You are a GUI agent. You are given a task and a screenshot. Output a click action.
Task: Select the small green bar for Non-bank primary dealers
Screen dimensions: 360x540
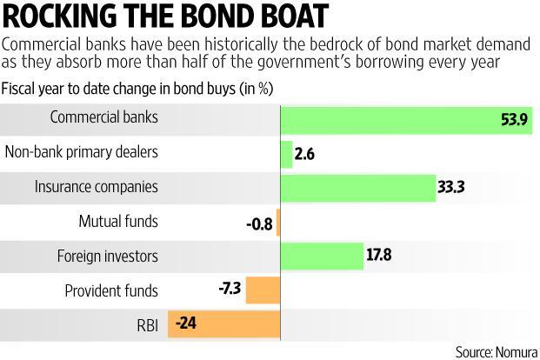tap(286, 153)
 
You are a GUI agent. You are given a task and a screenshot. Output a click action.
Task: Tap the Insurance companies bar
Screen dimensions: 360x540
tap(357, 187)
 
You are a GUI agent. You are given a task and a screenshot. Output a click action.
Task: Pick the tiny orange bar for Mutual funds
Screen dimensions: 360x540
tap(277, 222)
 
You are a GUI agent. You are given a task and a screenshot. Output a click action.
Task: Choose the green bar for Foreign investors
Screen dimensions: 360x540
tap(321, 256)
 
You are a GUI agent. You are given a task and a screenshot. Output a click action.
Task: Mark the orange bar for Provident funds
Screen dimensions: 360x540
tap(263, 290)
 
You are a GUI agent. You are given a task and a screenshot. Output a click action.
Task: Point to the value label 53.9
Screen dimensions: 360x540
tap(511, 118)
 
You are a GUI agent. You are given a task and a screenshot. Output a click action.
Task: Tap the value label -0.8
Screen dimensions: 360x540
tap(259, 223)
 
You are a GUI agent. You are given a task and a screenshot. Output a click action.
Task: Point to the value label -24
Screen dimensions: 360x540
tap(186, 324)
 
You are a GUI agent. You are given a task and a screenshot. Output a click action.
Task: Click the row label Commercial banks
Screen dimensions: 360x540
tap(104, 117)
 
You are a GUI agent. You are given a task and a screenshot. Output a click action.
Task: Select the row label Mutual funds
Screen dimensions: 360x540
tap(118, 221)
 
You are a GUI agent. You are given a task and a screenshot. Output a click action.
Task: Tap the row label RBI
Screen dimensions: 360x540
tap(146, 324)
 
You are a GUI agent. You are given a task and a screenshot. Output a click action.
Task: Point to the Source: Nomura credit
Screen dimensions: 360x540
tap(495, 351)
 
